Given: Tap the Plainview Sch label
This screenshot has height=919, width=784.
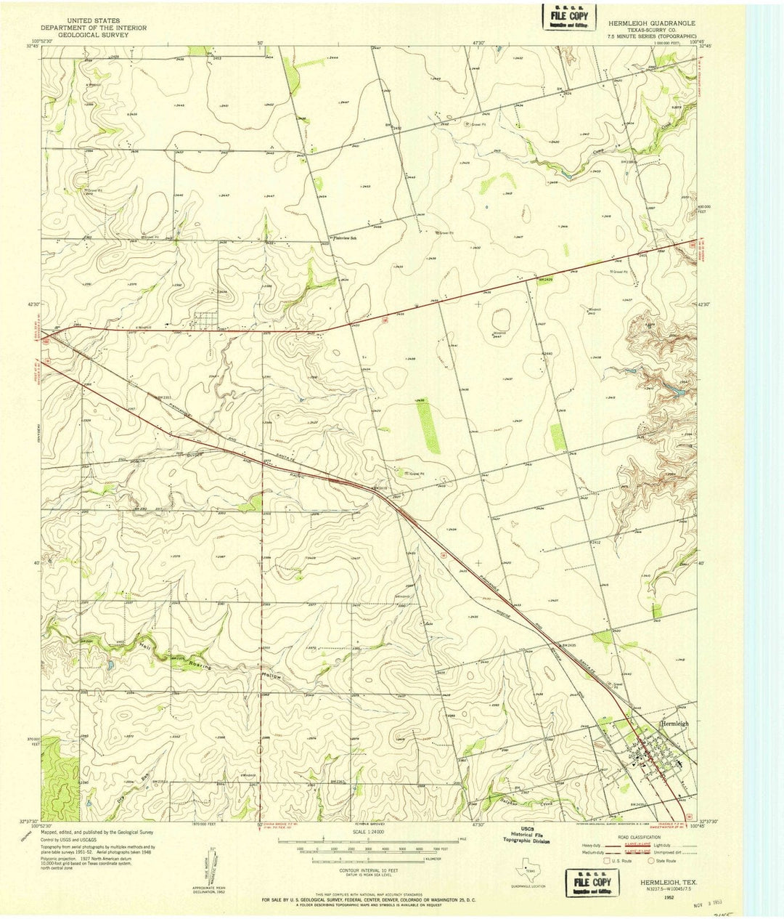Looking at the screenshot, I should click(346, 238).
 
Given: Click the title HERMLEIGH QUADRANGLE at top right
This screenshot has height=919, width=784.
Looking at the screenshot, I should click(648, 23).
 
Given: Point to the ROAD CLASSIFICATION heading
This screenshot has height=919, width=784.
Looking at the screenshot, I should click(637, 837).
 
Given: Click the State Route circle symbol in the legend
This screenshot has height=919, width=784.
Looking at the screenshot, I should click(656, 861).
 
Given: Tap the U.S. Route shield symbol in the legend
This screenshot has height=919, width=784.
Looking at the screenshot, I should click(607, 861).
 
